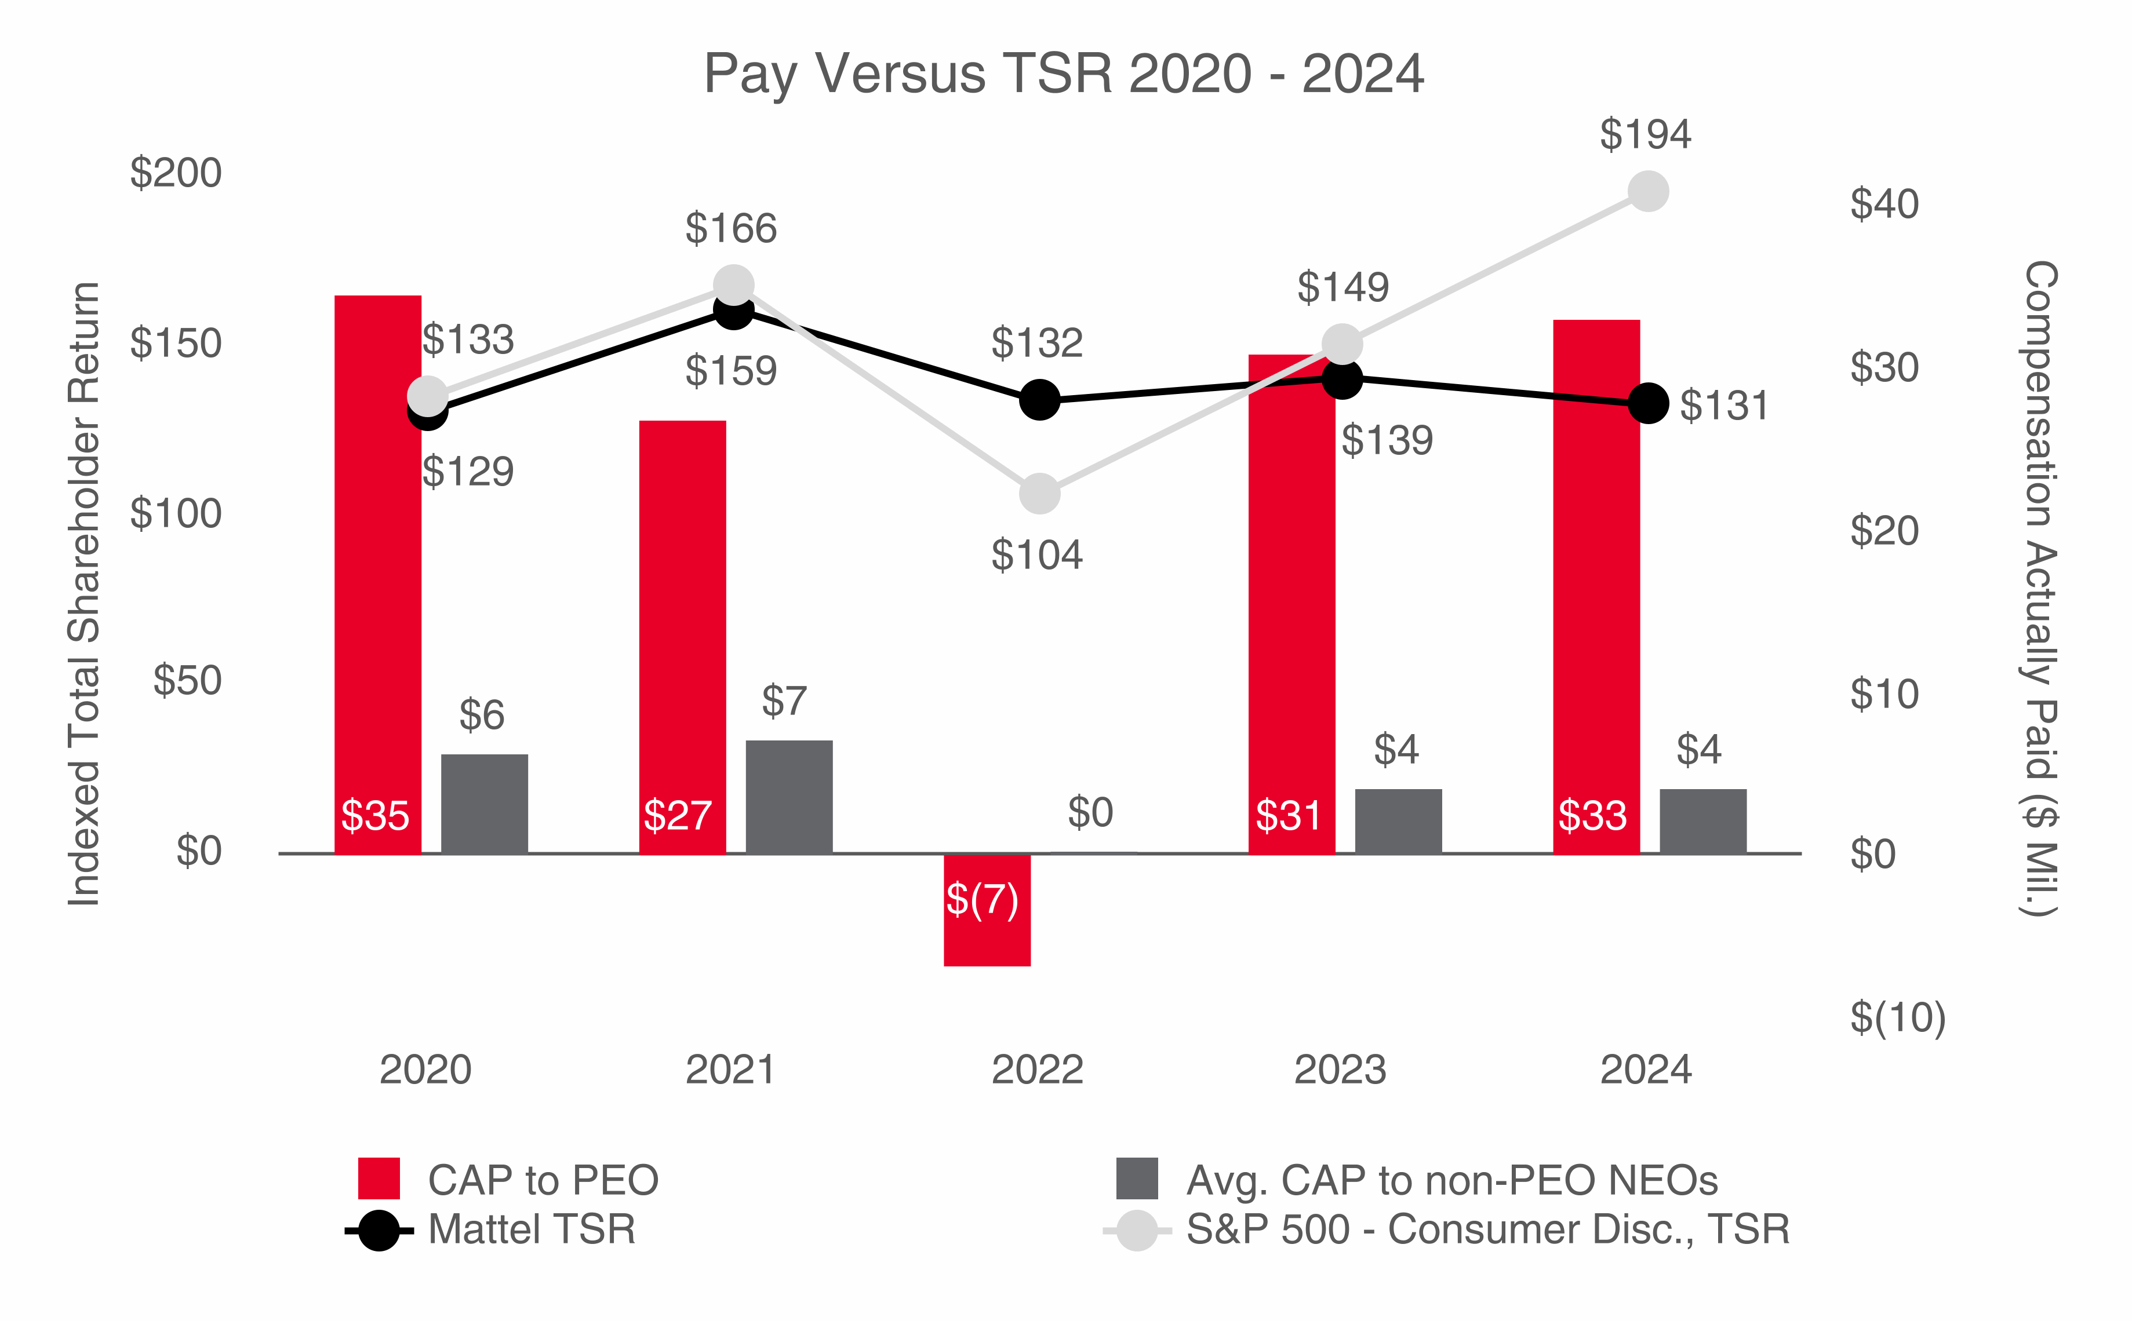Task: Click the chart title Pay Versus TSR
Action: coord(1063,74)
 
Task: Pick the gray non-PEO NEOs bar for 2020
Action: coord(484,803)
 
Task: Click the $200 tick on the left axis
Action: coord(176,173)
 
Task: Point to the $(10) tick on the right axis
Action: coord(1897,1018)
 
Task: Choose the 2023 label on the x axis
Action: coord(1340,1070)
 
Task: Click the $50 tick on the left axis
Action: coord(187,681)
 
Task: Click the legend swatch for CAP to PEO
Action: coord(379,1178)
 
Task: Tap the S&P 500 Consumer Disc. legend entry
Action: coord(1486,1229)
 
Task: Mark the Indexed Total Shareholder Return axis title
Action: coord(85,594)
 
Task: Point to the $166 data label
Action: coord(731,229)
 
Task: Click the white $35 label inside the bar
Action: coord(375,815)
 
